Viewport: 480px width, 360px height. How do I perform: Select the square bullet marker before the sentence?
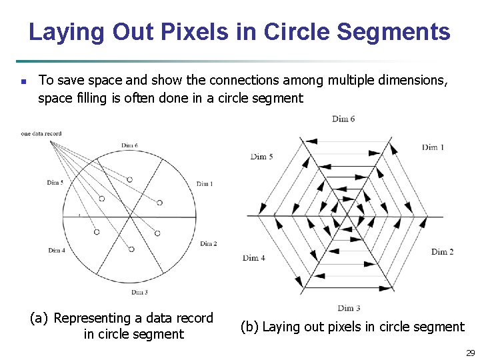click(x=23, y=82)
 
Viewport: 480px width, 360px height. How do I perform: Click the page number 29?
click(x=470, y=353)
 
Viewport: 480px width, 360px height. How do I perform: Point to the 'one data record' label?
click(x=41, y=134)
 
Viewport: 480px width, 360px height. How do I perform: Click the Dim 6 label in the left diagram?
click(x=129, y=145)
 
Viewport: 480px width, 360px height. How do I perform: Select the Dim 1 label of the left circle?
click(x=205, y=184)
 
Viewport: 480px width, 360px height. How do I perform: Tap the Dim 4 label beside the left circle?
click(x=57, y=251)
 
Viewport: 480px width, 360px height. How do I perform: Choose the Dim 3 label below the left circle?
click(x=139, y=293)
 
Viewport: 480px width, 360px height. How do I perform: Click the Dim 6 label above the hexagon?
click(x=343, y=119)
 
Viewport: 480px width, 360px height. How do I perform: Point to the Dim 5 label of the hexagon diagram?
click(x=262, y=157)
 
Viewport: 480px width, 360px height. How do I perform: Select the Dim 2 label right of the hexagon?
click(x=442, y=251)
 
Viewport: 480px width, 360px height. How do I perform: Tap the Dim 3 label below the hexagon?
click(x=349, y=308)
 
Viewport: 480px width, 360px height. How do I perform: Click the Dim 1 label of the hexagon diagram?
click(x=433, y=147)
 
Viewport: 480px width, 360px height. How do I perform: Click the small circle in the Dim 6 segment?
click(x=129, y=179)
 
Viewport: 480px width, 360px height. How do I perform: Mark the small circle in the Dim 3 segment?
click(x=131, y=249)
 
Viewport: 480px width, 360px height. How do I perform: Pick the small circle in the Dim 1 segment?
click(x=160, y=201)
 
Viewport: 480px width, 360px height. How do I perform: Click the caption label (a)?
click(x=39, y=319)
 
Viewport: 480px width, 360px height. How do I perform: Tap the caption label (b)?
click(x=249, y=327)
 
